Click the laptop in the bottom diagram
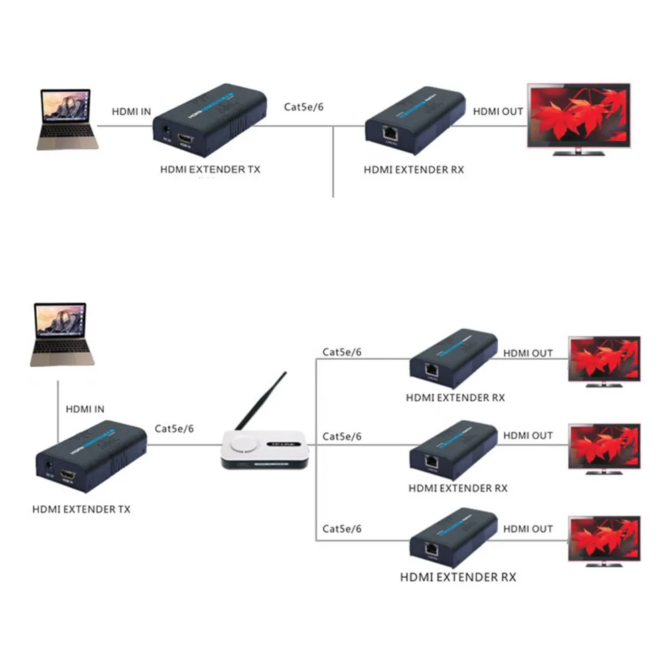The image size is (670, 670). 59,333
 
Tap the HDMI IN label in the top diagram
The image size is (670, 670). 131,113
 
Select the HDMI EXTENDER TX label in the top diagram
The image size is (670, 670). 210,170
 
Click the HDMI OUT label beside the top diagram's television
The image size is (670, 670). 498,112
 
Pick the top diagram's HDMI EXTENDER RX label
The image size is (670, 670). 413,170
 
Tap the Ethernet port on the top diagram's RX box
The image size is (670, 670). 389,133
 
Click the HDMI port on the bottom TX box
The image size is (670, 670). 68,476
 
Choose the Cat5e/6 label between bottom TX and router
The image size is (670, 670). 174,428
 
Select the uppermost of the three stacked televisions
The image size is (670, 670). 604,360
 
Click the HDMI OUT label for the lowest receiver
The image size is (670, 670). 528,529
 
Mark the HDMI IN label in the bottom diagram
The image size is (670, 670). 85,409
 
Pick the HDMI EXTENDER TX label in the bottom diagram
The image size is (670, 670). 81,509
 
